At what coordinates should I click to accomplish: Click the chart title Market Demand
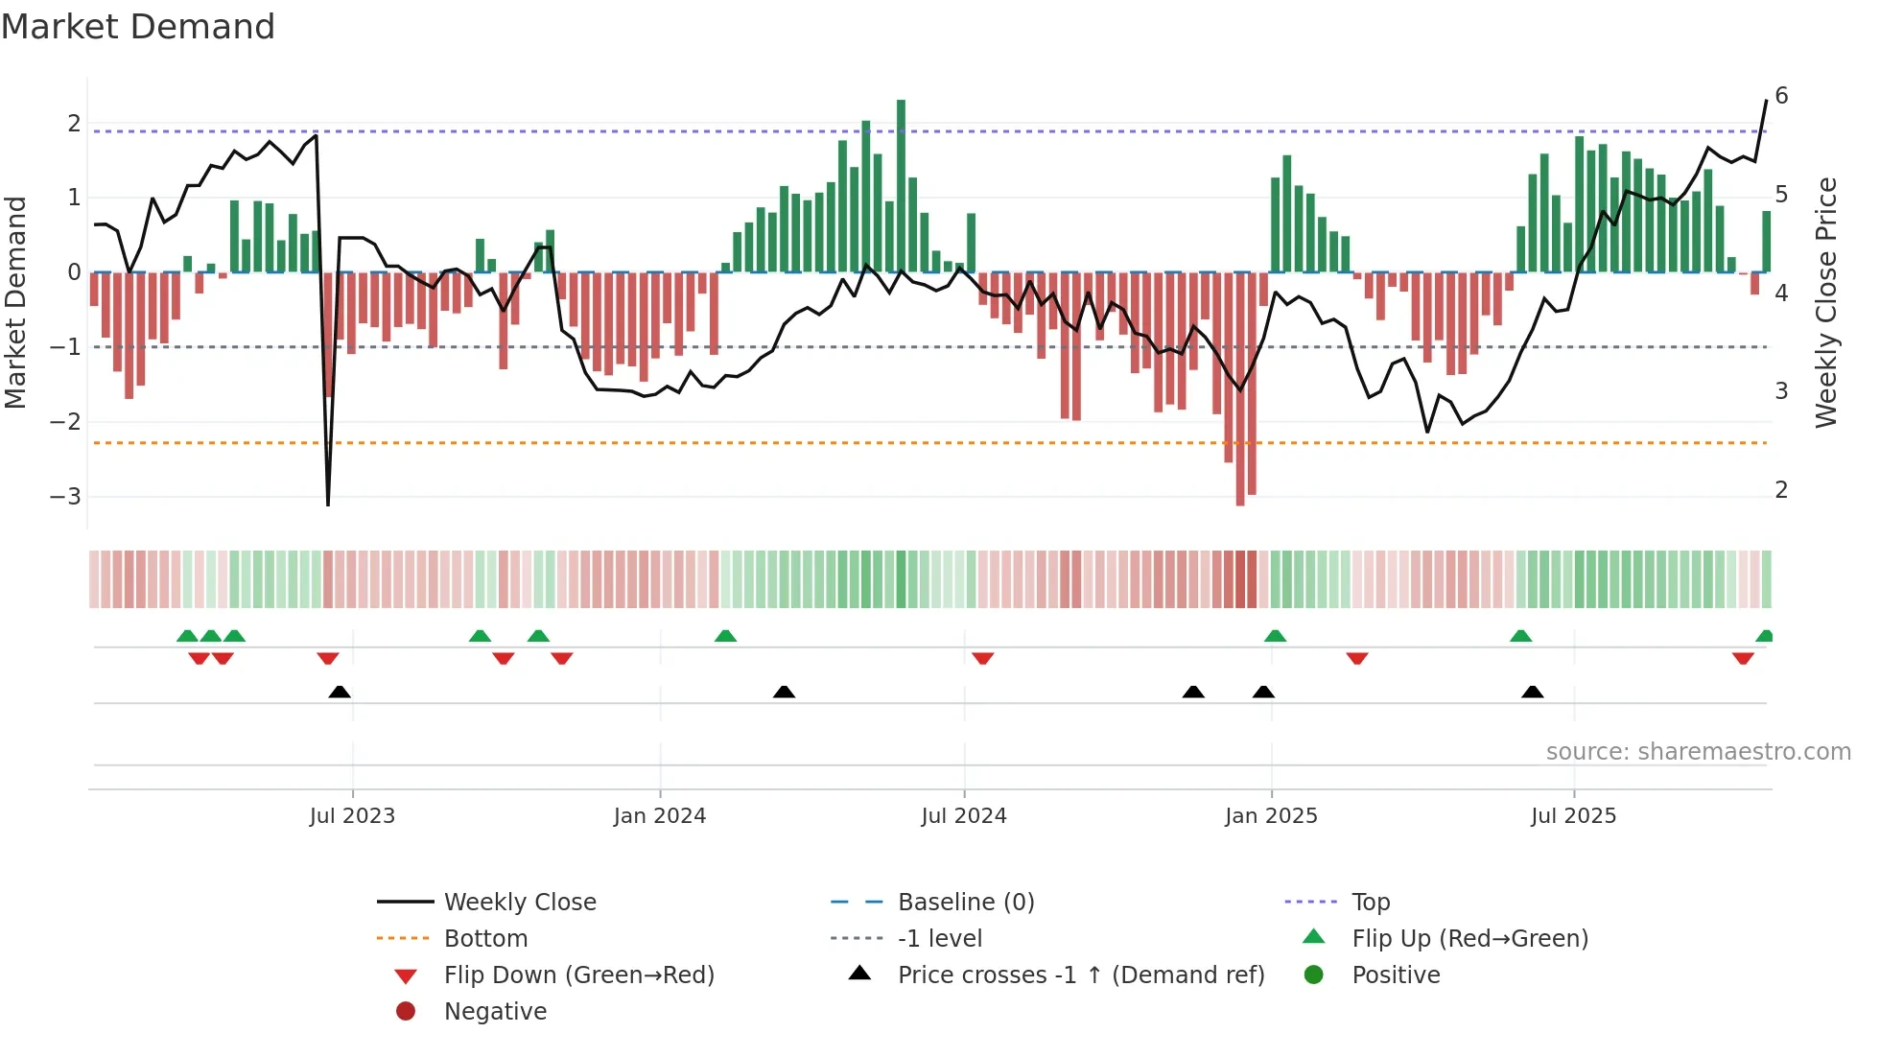(138, 27)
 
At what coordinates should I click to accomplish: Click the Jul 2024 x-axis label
(963, 816)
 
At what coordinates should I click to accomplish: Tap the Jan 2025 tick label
(1270, 816)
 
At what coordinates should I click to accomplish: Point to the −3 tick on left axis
(65, 497)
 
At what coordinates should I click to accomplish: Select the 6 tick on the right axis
(1781, 96)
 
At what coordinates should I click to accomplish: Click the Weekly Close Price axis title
(1825, 302)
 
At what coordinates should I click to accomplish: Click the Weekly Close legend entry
(519, 903)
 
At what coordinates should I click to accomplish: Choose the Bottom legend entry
(485, 939)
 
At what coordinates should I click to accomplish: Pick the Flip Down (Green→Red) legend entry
(578, 975)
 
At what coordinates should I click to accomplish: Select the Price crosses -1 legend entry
(1080, 975)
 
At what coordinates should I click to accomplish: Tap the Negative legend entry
(495, 1012)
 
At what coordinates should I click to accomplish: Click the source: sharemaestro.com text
(1698, 752)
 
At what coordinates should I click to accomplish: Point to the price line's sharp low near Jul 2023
(328, 503)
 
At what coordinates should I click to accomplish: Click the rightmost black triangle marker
(1532, 692)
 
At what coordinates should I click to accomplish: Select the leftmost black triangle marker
(340, 692)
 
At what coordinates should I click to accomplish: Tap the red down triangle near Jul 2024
(982, 658)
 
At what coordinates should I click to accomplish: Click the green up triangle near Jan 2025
(1275, 636)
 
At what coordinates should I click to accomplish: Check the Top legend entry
(1370, 903)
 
